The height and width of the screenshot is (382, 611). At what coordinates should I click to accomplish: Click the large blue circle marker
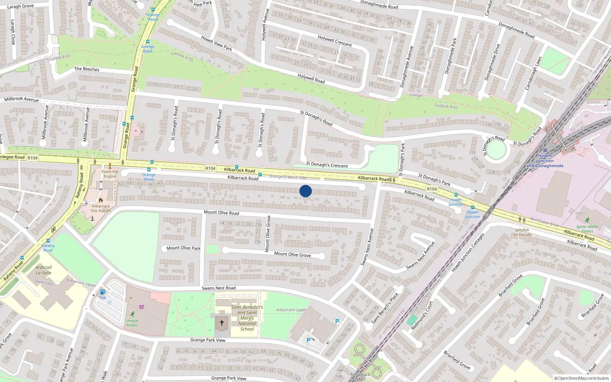pyautogui.click(x=305, y=191)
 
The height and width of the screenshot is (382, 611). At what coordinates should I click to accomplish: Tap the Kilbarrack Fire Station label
pyautogui.click(x=101, y=208)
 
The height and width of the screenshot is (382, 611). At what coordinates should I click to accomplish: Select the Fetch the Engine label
pyautogui.click(x=110, y=174)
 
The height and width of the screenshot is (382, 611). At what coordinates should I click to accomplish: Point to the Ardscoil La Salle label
pyautogui.click(x=44, y=270)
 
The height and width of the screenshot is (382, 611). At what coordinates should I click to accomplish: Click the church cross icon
pyautogui.click(x=221, y=323)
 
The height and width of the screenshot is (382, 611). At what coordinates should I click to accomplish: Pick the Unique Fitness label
pyautogui.click(x=132, y=323)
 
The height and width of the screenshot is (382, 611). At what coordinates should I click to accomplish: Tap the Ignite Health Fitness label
pyautogui.click(x=587, y=228)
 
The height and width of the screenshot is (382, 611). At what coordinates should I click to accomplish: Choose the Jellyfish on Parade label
pyautogui.click(x=522, y=232)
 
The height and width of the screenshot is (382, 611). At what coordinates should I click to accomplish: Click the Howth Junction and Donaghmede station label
pyautogui.click(x=545, y=161)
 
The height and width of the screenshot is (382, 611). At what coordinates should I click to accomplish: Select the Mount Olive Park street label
pyautogui.click(x=183, y=248)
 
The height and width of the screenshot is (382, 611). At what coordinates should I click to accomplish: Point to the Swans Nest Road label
pyautogui.click(x=218, y=288)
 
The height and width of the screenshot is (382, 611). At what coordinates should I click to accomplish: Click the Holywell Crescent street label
pyautogui.click(x=335, y=41)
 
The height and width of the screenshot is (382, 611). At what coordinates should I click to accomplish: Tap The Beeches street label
pyautogui.click(x=87, y=69)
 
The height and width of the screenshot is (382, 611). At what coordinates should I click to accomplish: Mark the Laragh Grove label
pyautogui.click(x=21, y=6)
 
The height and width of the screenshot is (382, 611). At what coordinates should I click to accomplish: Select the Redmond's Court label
pyautogui.click(x=422, y=316)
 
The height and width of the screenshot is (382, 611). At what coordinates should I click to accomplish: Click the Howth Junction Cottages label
pyautogui.click(x=468, y=253)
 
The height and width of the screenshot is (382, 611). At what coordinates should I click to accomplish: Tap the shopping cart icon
pyautogui.click(x=142, y=306)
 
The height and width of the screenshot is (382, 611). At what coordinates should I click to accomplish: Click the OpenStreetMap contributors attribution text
pyautogui.click(x=582, y=378)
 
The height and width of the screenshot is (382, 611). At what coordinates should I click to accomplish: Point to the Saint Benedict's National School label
pyautogui.click(x=247, y=318)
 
